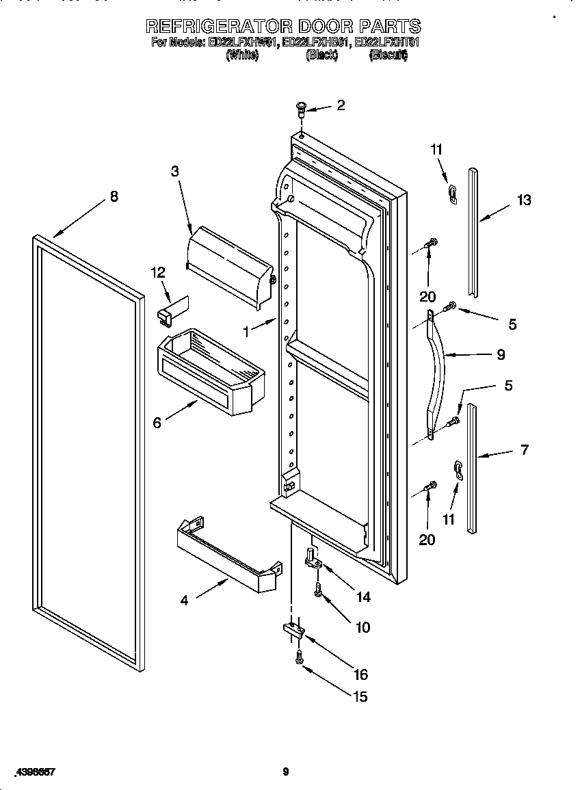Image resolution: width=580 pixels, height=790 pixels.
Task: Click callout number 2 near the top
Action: coord(340,105)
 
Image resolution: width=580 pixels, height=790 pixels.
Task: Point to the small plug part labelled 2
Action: coord(300,107)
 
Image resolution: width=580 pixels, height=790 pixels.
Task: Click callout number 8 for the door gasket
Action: coord(114,196)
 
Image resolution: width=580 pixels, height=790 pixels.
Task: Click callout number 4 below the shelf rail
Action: coord(184,601)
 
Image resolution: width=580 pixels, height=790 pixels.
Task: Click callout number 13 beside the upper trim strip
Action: coord(524,200)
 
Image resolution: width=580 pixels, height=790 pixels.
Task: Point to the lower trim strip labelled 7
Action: coord(471,469)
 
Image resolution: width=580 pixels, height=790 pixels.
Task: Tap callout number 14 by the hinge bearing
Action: coord(363,597)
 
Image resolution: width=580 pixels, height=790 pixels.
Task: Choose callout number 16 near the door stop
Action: coord(360,674)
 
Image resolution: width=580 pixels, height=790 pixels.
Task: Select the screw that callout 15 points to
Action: coord(300,658)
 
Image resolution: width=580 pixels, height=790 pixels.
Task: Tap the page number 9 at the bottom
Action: coord(286,772)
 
